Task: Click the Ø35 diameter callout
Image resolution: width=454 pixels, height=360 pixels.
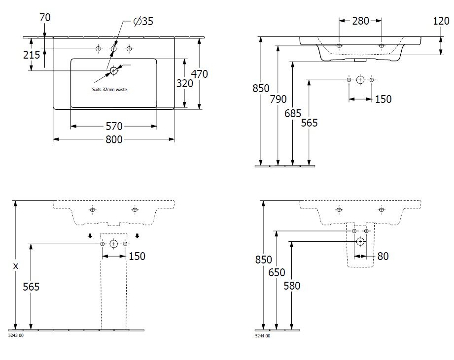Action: click(x=143, y=21)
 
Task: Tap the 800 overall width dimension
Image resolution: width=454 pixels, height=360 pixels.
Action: click(x=114, y=140)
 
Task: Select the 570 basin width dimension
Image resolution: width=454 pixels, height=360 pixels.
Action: click(x=114, y=127)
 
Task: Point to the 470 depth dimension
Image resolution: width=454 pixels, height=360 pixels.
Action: click(x=200, y=74)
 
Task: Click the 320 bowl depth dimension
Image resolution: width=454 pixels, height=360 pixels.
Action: click(x=184, y=84)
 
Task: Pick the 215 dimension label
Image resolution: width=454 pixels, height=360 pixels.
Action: click(x=32, y=55)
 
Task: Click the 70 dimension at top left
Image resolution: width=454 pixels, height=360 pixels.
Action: click(x=45, y=18)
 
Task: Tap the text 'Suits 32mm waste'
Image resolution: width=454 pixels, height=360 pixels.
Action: click(x=109, y=90)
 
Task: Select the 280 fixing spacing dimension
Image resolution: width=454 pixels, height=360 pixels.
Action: click(x=360, y=21)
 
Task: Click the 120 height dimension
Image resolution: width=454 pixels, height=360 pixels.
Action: click(x=441, y=21)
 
